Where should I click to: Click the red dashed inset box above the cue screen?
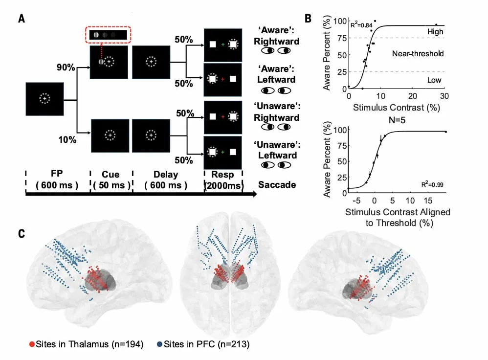(x=107, y=35)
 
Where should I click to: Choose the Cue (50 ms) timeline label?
(x=110, y=180)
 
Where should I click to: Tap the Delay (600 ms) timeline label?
(x=165, y=180)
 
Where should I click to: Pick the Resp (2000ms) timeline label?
(x=223, y=180)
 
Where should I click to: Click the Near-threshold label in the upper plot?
(x=418, y=53)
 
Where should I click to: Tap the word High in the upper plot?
(x=435, y=32)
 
